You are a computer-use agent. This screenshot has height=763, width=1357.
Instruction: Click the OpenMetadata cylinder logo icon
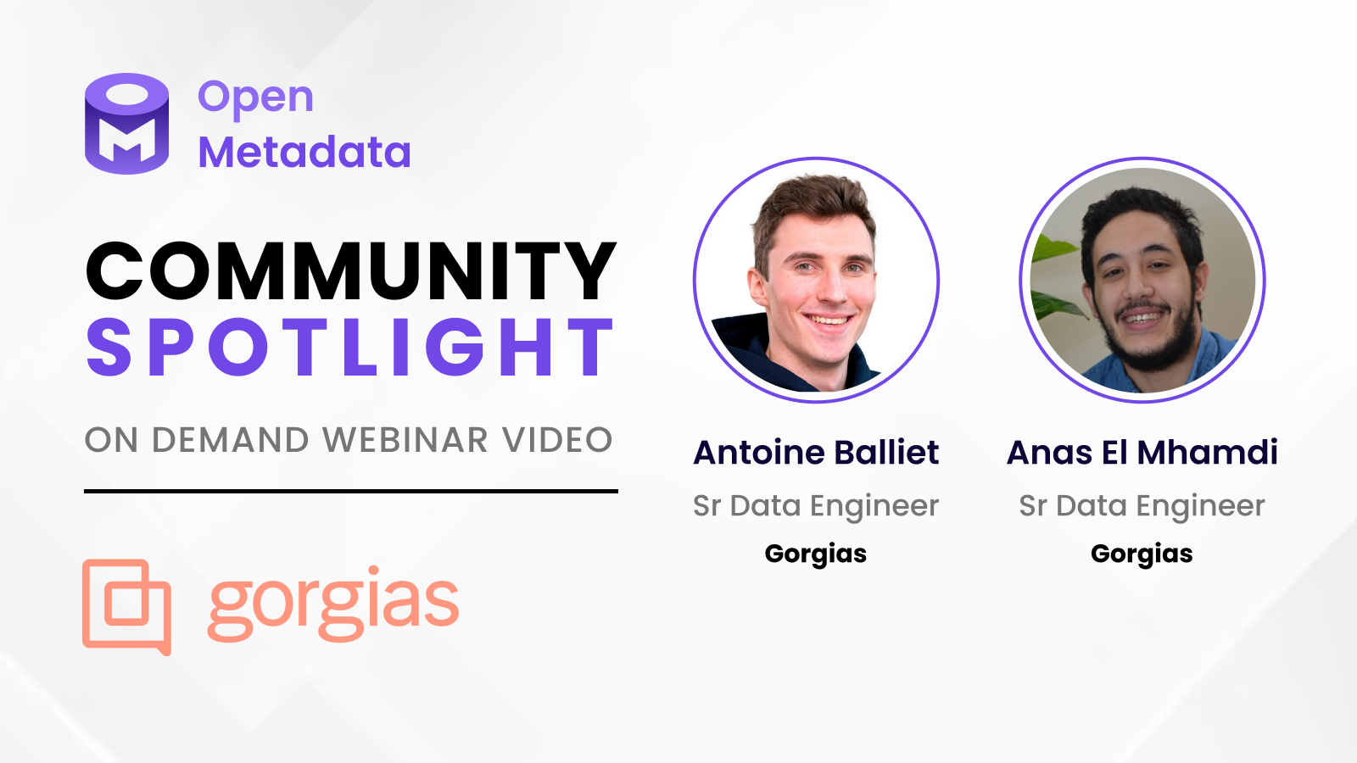[126, 124]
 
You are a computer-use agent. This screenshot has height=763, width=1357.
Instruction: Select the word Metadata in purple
[304, 152]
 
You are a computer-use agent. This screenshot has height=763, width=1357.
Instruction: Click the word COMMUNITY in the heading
[351, 270]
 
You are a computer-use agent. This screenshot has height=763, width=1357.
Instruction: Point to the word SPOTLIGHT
[350, 347]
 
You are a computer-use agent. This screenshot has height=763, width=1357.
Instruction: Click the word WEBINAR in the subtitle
[405, 440]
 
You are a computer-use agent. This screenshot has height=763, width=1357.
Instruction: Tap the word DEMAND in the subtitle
[231, 440]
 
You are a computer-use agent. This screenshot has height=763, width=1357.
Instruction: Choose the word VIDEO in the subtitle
[557, 440]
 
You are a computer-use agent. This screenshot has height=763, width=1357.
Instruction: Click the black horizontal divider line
[351, 491]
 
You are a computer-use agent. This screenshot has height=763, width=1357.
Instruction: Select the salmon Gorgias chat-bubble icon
[126, 607]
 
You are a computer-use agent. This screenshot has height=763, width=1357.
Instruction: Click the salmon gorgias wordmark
[333, 604]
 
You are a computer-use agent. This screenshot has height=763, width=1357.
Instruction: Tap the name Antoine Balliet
[816, 453]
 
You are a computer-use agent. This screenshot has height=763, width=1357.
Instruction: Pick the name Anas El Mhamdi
[1142, 453]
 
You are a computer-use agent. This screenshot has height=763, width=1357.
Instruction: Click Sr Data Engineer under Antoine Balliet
[815, 506]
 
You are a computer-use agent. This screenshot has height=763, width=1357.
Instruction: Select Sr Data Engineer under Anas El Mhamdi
[1142, 506]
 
